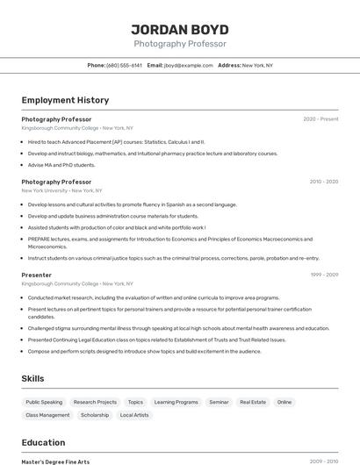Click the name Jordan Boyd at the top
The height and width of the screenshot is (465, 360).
click(179, 29)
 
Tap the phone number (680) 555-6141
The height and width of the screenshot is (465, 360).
click(124, 65)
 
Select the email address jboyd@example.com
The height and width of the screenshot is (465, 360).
click(188, 65)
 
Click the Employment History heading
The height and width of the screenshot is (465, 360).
click(65, 100)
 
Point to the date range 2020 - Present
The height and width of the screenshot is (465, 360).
click(320, 119)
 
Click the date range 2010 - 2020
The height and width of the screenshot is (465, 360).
click(323, 182)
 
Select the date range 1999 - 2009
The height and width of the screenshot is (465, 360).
click(323, 275)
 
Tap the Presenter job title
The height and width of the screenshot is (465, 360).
click(37, 275)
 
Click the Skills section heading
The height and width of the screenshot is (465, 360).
click(33, 378)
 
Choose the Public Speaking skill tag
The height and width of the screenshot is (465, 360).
click(44, 402)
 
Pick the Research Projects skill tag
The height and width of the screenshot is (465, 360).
click(95, 402)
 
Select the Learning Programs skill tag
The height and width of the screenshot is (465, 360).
click(176, 402)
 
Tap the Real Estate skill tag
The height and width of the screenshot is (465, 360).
click(253, 402)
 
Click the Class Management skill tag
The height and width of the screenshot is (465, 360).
click(47, 415)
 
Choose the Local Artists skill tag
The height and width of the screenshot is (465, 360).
click(134, 415)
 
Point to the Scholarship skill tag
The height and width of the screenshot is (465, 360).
click(95, 415)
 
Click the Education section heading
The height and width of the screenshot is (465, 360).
click(43, 442)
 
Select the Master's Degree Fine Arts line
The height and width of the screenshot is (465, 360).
click(55, 461)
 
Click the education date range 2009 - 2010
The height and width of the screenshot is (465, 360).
click(323, 461)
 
